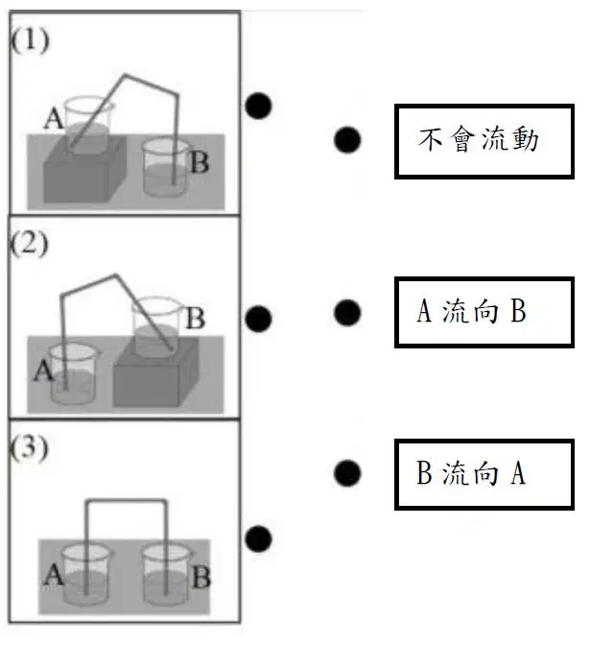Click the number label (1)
(30, 40)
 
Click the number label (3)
(29, 447)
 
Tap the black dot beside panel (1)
(258, 106)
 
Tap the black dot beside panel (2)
(258, 319)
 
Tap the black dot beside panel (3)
(258, 538)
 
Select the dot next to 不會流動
(347, 140)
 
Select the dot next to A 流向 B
(347, 313)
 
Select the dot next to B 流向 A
(347, 473)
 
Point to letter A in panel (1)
(54, 118)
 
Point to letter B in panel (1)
(200, 162)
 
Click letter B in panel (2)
(196, 318)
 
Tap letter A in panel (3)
(54, 574)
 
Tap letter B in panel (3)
(201, 577)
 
